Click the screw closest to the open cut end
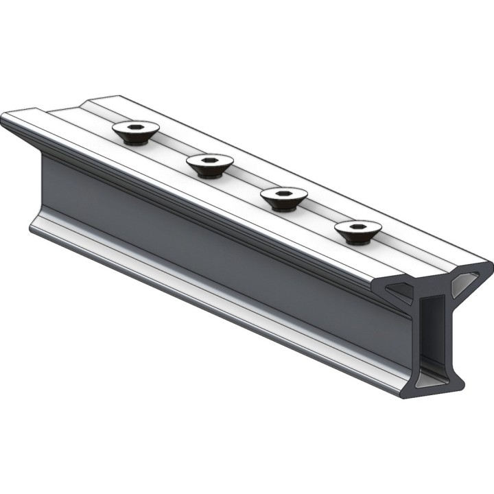click(357, 231)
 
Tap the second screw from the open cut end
click(284, 198)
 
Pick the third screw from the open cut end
click(210, 165)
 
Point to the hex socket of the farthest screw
click(136, 127)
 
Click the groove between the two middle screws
click(247, 181)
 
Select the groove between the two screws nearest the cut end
click(321, 214)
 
